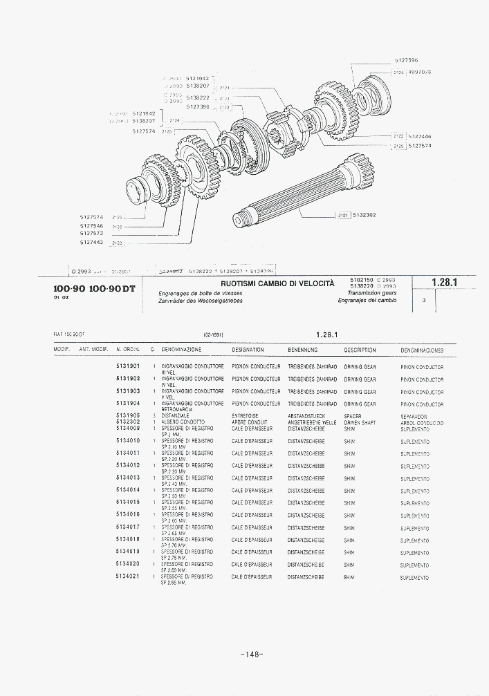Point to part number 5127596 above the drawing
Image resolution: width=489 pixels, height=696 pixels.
tap(406, 61)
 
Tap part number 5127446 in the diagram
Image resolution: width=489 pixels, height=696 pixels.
tap(420, 136)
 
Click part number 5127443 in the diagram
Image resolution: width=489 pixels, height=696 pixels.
tap(91, 242)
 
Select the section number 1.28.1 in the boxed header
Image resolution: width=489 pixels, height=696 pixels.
tap(444, 282)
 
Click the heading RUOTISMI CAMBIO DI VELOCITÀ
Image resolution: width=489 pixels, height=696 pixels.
tap(277, 283)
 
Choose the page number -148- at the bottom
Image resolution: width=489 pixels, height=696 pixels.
tap(252, 655)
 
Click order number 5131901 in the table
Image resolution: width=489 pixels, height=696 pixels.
tap(128, 366)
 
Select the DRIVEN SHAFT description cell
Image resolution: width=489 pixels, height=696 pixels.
tap(360, 422)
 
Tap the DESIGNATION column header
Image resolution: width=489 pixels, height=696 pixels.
tap(248, 350)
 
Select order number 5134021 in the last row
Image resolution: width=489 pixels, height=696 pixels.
tap(128, 576)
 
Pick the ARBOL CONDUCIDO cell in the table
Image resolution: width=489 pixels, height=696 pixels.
tap(422, 423)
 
